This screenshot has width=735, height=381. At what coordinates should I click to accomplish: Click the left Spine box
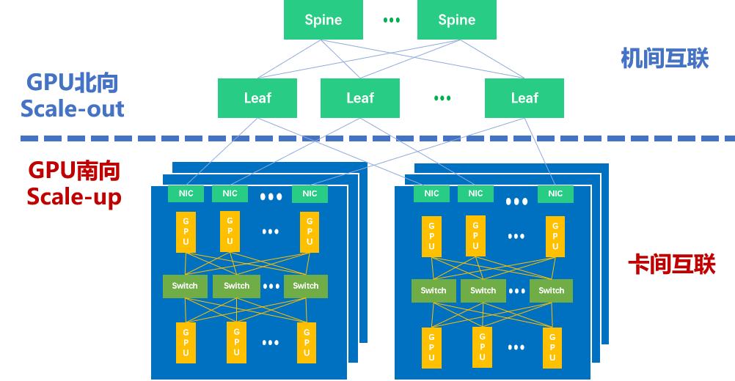pyautogui.click(x=323, y=20)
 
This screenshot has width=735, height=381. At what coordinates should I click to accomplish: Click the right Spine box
pyautogui.click(x=456, y=20)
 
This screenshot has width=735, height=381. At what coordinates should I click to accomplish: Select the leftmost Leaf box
pyautogui.click(x=257, y=97)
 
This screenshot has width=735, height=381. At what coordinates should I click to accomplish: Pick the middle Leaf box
pyautogui.click(x=360, y=97)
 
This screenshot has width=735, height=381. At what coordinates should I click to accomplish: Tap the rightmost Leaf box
pyautogui.click(x=524, y=97)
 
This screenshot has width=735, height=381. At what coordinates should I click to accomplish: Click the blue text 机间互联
pyautogui.click(x=665, y=59)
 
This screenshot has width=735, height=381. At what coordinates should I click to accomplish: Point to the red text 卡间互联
pyautogui.click(x=671, y=265)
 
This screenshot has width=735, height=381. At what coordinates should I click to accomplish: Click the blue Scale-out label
pyautogui.click(x=72, y=109)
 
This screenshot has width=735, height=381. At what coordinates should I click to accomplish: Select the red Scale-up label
pyautogui.click(x=74, y=196)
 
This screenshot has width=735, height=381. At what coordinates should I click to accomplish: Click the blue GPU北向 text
pyautogui.click(x=72, y=82)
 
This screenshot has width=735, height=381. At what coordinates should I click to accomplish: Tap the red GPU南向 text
pyautogui.click(x=74, y=171)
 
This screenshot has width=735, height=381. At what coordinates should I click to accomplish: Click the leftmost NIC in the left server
pyautogui.click(x=186, y=193)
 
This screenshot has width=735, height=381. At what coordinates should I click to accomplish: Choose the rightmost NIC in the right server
pyautogui.click(x=555, y=193)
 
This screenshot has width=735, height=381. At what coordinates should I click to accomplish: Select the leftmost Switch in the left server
pyautogui.click(x=185, y=286)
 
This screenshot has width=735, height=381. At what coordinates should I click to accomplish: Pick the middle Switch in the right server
pyautogui.click(x=483, y=290)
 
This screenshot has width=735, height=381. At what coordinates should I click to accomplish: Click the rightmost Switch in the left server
pyautogui.click(x=306, y=286)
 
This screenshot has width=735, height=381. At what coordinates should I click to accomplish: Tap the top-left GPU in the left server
pyautogui.click(x=186, y=231)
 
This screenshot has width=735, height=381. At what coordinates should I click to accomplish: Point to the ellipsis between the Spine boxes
pyautogui.click(x=392, y=20)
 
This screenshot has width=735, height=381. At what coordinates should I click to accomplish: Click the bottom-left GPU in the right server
pyautogui.click(x=431, y=347)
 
